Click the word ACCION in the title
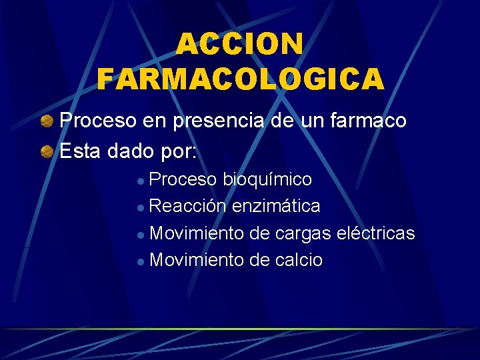pyautogui.click(x=240, y=45)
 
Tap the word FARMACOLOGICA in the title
pyautogui.click(x=241, y=79)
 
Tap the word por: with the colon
pyautogui.click(x=179, y=152)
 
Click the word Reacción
pyautogui.click(x=188, y=207)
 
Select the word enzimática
pyautogui.click(x=276, y=207)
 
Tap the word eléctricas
pyautogui.click(x=376, y=233)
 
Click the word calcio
pyautogui.click(x=299, y=260)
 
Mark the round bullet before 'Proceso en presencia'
pyautogui.click(x=47, y=121)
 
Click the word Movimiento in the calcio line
pyautogui.click(x=197, y=260)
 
